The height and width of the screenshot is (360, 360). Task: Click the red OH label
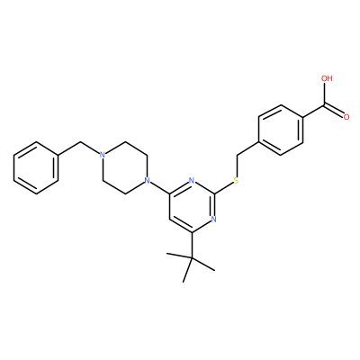(x=327, y=78)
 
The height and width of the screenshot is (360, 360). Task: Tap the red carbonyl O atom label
(x=346, y=117)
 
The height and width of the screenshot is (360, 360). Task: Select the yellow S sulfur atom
(x=236, y=181)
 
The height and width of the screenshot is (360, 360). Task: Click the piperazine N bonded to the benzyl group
(x=103, y=156)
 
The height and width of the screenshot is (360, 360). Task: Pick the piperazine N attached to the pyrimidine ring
(x=147, y=181)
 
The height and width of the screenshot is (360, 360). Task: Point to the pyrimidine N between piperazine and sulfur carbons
(x=192, y=181)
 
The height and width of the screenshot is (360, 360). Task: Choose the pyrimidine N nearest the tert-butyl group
(x=213, y=219)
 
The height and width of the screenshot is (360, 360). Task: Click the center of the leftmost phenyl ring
(x=36, y=168)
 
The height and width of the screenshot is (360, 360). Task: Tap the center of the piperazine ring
(x=124, y=168)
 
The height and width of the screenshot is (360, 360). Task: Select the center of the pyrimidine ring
(x=192, y=206)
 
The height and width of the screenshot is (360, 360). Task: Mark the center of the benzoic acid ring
(x=281, y=130)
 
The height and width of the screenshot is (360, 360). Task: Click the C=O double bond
(x=334, y=110)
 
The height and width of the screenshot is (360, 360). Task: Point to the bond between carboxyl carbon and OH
(x=326, y=94)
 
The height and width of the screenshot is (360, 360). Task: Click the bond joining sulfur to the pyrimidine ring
(x=223, y=187)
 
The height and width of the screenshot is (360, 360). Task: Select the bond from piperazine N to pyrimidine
(x=159, y=188)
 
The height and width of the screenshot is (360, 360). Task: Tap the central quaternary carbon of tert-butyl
(x=192, y=258)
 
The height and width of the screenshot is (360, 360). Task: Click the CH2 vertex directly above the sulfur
(x=236, y=156)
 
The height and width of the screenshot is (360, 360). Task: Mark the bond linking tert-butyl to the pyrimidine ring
(x=192, y=245)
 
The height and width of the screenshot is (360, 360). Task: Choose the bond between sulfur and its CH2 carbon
(x=236, y=166)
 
